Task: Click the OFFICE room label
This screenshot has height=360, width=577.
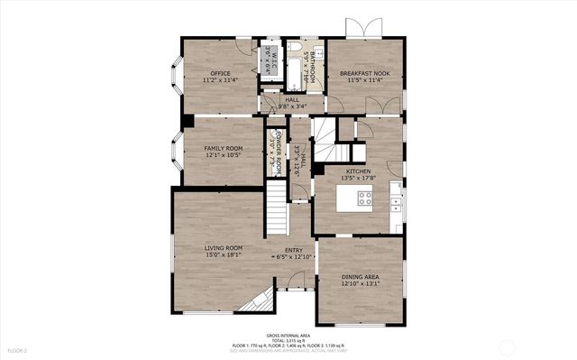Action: (x=220, y=73)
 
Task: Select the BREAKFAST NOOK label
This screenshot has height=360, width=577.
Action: (x=363, y=73)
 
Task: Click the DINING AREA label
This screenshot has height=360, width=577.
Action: (x=359, y=277)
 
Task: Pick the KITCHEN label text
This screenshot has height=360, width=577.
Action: (x=358, y=171)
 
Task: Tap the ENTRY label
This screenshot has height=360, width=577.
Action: (x=294, y=250)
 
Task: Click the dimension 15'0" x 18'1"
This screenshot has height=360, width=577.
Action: (x=223, y=255)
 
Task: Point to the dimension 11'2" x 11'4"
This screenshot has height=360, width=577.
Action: (x=220, y=81)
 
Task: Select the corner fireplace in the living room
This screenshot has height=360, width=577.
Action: (x=255, y=300)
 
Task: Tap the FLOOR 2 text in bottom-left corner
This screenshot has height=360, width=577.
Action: (x=18, y=349)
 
